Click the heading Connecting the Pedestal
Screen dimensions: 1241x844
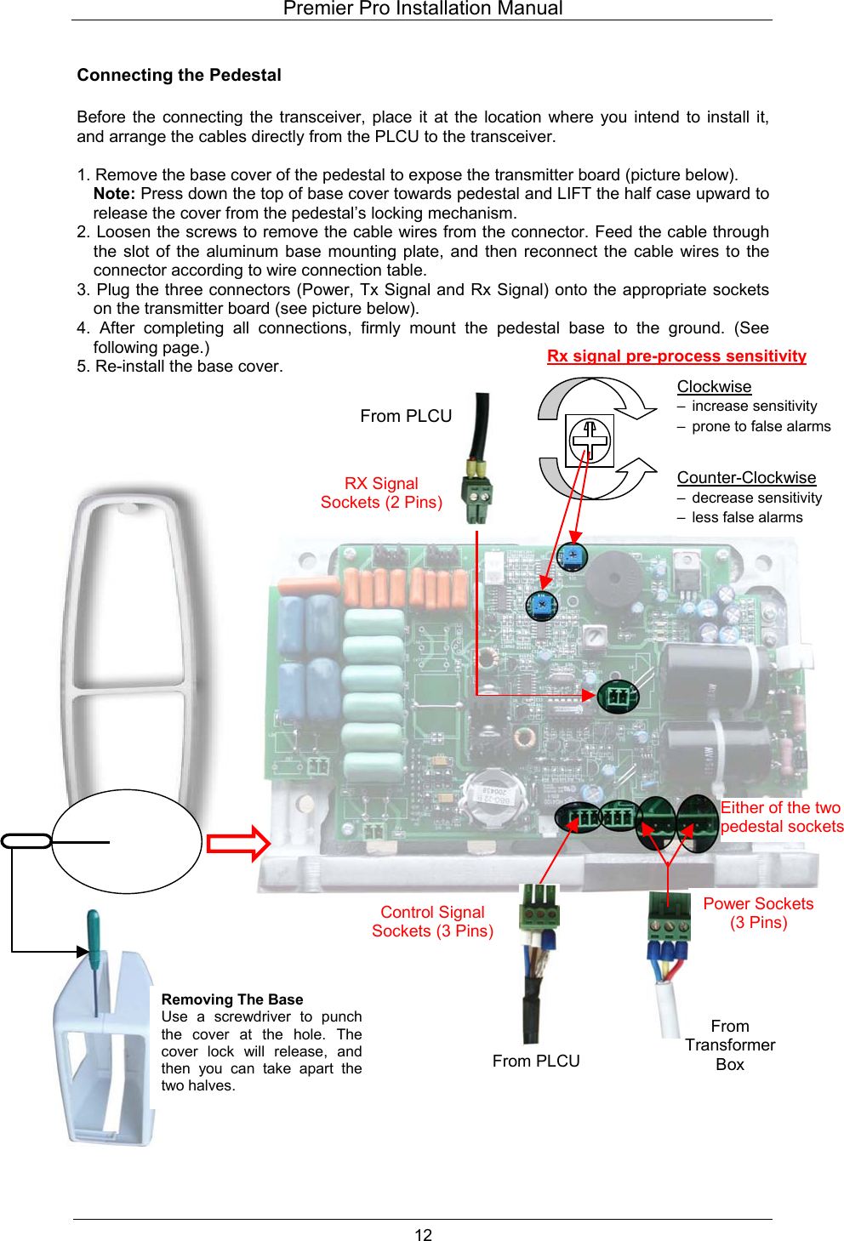pos(179,75)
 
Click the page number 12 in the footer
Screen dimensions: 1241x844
pos(423,1234)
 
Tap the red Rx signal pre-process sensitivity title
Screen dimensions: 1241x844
pos(676,356)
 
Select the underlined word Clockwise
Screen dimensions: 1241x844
pos(714,386)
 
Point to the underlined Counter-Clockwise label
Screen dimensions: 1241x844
pos(746,477)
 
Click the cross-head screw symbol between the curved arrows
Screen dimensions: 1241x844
pos(590,440)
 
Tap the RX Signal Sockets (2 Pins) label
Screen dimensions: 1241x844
pos(381,492)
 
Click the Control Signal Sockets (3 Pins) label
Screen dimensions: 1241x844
pos(432,921)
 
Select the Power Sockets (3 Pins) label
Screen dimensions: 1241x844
pos(758,913)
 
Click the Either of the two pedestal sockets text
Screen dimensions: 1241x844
pos(781,817)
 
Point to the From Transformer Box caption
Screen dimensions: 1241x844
pos(730,1045)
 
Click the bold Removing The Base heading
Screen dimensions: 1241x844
pos(231,999)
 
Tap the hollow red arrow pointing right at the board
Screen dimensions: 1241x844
pos(238,843)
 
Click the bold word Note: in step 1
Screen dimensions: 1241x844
pos(114,194)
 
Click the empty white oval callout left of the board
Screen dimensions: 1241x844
pos(127,841)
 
